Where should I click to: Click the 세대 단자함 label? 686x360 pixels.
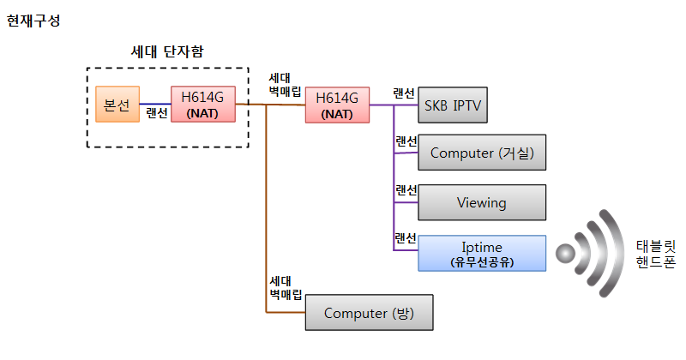tap(167, 51)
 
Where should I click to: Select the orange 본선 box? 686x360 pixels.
tap(117, 104)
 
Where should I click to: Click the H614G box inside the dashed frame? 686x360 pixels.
tap(203, 104)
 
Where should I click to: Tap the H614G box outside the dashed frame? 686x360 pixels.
tap(337, 104)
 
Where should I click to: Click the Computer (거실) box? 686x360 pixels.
tap(481, 153)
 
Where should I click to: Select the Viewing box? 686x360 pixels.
tap(481, 203)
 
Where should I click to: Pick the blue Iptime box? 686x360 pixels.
tap(481, 253)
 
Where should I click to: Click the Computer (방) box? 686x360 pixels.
tap(369, 313)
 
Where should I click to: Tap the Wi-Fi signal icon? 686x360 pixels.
tap(591, 252)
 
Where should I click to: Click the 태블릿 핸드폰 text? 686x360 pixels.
tap(656, 253)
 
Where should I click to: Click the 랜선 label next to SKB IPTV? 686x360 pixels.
tap(404, 93)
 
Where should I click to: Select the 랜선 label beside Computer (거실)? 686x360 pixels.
tap(406, 141)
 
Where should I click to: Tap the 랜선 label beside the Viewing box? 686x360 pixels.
tap(406, 190)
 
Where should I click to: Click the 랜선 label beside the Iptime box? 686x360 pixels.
tap(406, 238)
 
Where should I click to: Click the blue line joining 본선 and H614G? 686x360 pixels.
tap(154, 103)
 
